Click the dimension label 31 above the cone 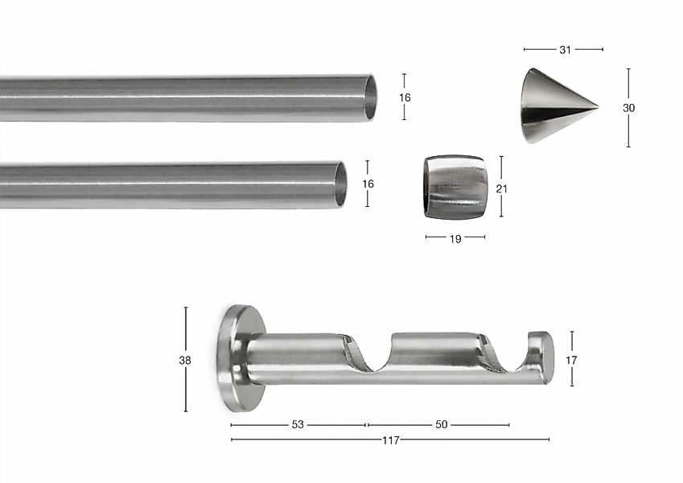click(x=565, y=50)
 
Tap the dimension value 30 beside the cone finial click(x=628, y=108)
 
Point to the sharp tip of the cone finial click(x=598, y=106)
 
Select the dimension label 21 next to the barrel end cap click(x=502, y=188)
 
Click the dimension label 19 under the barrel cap click(x=455, y=239)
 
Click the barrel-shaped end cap click(x=454, y=187)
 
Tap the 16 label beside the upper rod click(x=405, y=97)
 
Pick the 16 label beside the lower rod click(x=368, y=184)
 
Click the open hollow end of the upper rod click(x=370, y=97)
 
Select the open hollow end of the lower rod click(x=340, y=184)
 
